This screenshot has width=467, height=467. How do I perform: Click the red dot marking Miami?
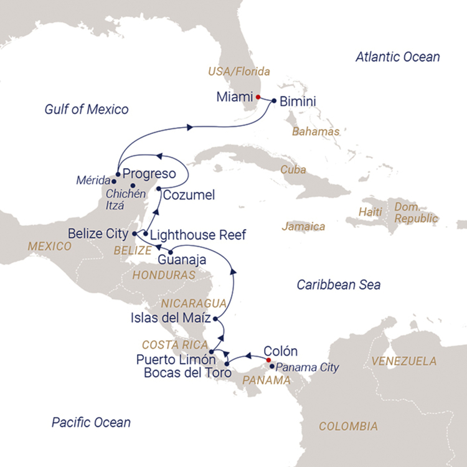click(258, 97)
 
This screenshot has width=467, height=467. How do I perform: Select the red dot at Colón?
click(268, 360)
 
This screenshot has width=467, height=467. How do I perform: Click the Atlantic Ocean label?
click(397, 57)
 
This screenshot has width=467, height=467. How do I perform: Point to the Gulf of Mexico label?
click(87, 110)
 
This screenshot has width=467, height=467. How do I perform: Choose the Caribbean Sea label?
click(338, 285)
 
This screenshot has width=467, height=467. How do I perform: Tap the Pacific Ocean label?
click(91, 423)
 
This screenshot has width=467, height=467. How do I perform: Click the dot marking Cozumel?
click(159, 189)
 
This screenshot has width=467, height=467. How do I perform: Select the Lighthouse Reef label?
click(198, 235)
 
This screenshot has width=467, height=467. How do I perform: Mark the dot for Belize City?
click(134, 234)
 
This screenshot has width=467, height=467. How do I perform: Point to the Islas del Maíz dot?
click(215, 319)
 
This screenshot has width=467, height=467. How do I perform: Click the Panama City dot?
click(272, 367)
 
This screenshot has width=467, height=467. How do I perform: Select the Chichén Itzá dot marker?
click(133, 185)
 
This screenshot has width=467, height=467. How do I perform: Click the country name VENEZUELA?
click(403, 361)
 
